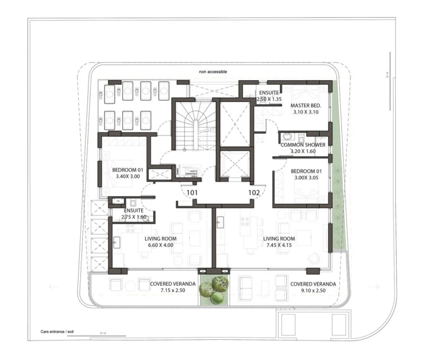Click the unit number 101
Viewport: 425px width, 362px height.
(x=191, y=193)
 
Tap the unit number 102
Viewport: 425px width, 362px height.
(x=254, y=193)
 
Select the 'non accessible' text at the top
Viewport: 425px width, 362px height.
(x=213, y=72)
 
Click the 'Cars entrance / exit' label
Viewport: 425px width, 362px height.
(x=57, y=332)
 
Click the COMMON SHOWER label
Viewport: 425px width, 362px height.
(x=303, y=145)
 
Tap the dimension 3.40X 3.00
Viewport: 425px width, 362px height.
(x=128, y=177)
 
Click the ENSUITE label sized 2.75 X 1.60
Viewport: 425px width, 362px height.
(x=134, y=218)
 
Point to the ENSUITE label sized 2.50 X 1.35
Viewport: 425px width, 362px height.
(x=269, y=100)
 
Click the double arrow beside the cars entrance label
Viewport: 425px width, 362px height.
(x=103, y=333)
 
